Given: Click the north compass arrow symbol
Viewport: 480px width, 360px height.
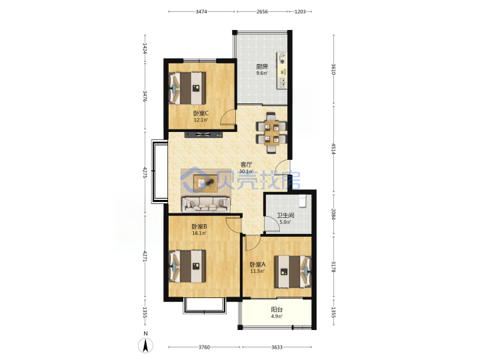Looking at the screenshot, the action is (146, 345).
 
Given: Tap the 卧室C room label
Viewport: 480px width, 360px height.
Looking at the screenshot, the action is (201, 113).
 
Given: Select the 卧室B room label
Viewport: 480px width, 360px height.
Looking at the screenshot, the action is (199, 227).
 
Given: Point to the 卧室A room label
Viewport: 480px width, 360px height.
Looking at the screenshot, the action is (257, 264).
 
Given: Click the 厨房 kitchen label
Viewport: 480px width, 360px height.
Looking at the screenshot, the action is (262, 66).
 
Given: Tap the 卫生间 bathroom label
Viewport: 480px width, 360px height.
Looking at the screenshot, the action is (285, 215).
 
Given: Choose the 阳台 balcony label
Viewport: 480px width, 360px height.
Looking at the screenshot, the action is (277, 309).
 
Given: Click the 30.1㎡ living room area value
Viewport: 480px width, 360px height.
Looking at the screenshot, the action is (246, 171).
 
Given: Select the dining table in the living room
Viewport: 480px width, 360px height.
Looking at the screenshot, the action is (271, 133).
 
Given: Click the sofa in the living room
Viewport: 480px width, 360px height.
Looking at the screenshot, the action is (206, 204).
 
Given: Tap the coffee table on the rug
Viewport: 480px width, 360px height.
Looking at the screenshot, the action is (205, 183).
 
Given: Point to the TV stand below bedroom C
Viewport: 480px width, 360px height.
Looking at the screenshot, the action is (203, 134).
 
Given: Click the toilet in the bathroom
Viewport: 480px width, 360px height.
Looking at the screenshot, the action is (303, 200).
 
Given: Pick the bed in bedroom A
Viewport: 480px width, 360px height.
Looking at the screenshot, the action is (293, 271).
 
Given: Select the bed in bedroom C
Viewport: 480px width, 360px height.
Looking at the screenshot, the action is (187, 88).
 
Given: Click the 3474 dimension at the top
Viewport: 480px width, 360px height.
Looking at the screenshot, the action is (201, 11).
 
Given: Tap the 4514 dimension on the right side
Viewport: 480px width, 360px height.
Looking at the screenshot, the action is (334, 148).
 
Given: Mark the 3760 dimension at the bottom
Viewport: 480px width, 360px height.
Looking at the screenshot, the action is (204, 347).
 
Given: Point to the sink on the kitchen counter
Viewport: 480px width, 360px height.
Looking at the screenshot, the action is (283, 82).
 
